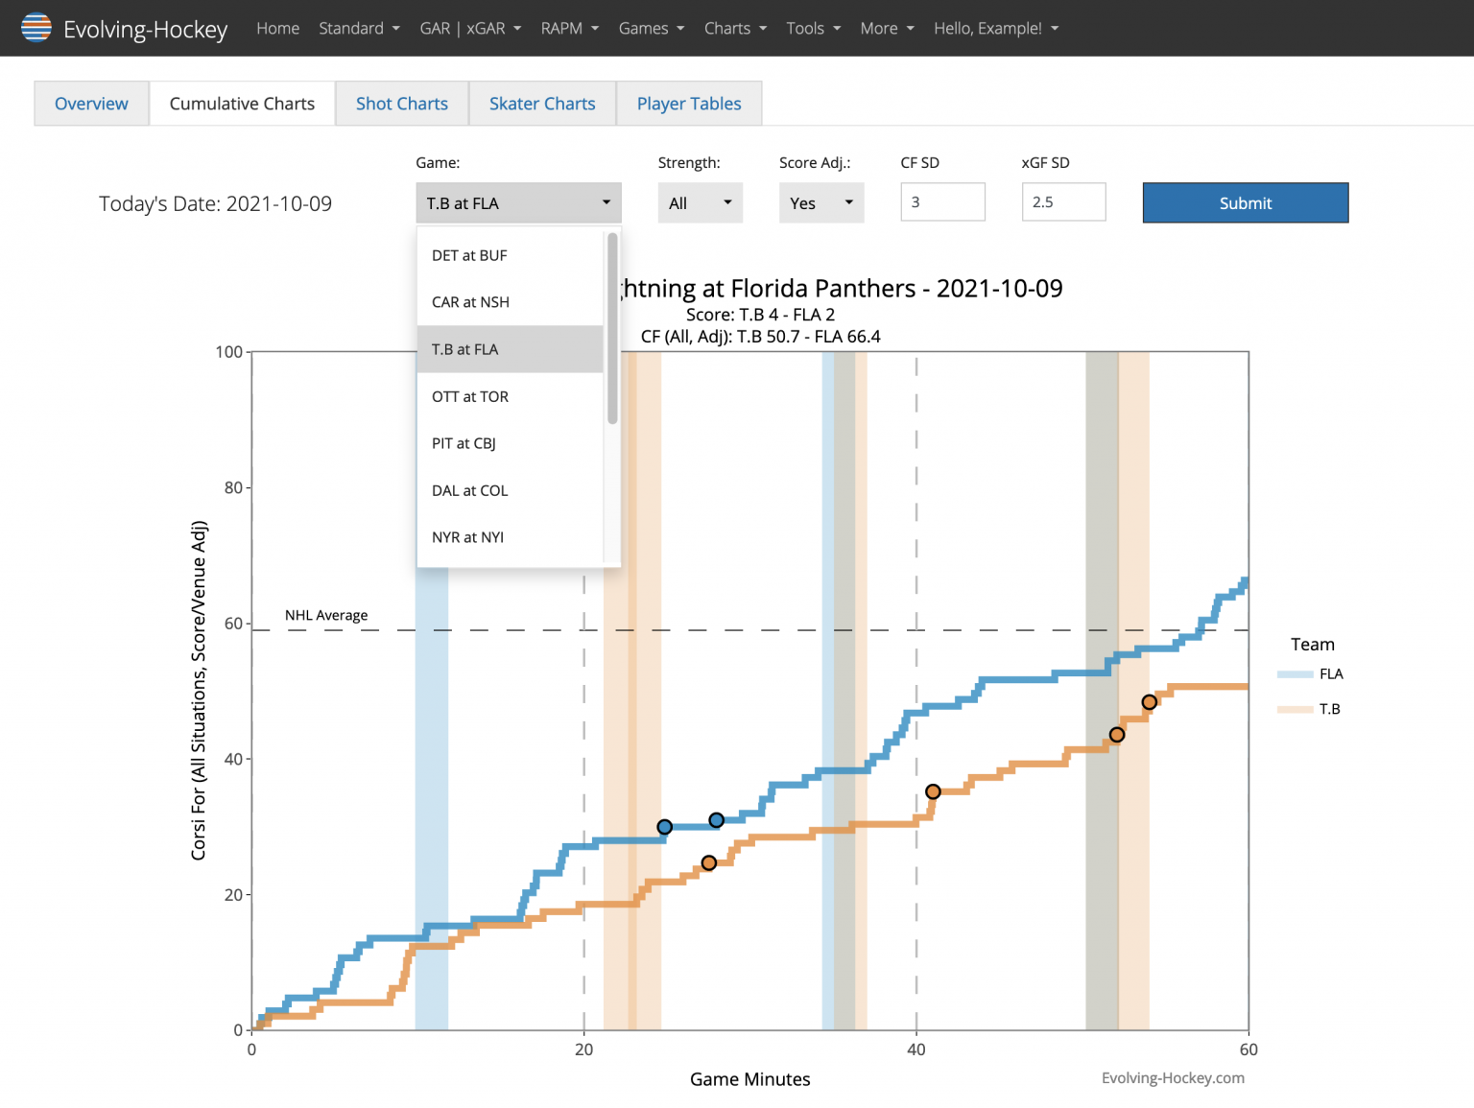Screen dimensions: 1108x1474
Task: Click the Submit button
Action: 1245,203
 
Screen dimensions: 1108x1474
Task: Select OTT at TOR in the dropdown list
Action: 470,396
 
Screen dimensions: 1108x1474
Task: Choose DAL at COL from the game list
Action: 469,490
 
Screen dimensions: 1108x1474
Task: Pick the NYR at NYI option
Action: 467,537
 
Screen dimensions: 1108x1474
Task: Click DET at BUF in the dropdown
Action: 469,255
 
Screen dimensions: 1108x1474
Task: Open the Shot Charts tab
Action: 401,104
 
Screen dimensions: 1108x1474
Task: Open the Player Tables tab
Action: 688,104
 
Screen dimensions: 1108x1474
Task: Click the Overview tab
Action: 91,104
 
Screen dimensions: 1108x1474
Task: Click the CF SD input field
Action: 942,202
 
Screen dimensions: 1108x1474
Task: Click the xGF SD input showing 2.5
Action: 1063,202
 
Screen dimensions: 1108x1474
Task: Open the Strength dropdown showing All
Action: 700,203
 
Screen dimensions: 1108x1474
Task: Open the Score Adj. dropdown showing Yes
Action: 820,203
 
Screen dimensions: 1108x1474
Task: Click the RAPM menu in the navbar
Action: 569,29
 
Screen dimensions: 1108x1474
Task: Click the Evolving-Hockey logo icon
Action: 36,28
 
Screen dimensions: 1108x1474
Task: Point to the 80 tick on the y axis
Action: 233,487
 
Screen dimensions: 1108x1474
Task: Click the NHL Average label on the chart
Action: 326,615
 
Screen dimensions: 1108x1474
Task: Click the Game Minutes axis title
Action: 749,1079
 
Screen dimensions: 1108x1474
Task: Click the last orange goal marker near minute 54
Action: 1149,702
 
